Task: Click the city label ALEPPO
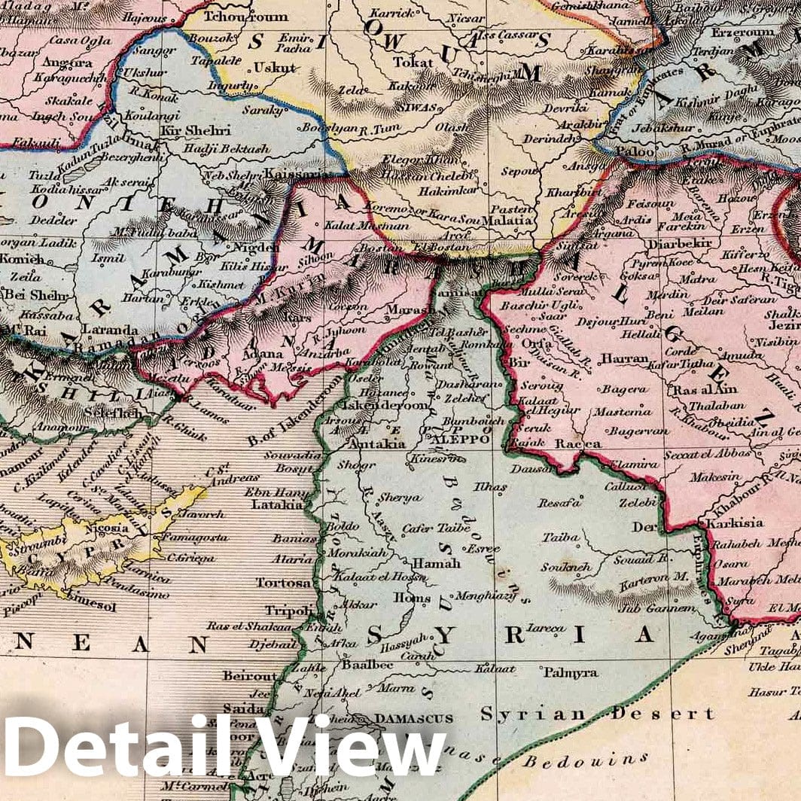[x=458, y=439]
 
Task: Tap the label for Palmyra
[x=571, y=672]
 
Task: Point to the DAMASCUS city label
[x=413, y=719]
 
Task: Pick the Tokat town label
[x=413, y=62]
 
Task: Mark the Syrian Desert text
[x=597, y=714]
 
